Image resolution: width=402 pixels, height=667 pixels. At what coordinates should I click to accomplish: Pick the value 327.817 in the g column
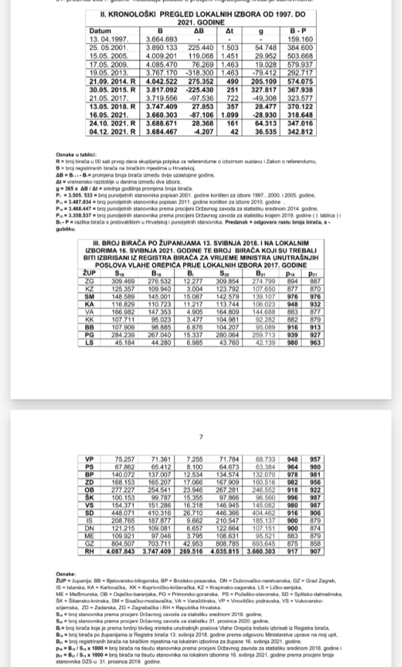(x=264, y=89)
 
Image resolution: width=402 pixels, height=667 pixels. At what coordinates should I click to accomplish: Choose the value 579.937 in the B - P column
(x=300, y=66)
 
